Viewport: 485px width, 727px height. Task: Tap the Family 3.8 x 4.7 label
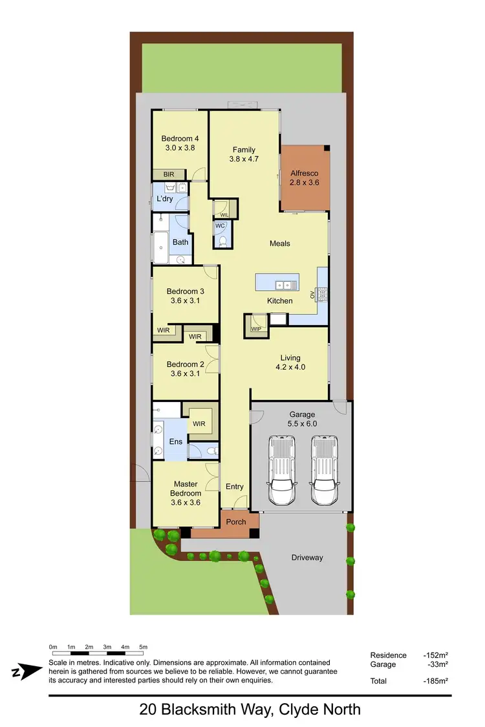(244, 154)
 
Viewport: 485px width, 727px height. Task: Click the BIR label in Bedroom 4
(168, 174)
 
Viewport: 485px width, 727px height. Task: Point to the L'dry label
(164, 199)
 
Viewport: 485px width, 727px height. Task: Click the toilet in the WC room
(223, 242)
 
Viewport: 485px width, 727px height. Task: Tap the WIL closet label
(224, 215)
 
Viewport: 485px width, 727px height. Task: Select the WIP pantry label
(255, 329)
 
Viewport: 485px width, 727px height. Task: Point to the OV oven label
(312, 295)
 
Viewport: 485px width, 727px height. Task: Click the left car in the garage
(282, 470)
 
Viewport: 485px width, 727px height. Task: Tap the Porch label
(236, 522)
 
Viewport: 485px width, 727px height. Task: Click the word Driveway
(307, 557)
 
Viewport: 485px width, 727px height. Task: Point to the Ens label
(175, 441)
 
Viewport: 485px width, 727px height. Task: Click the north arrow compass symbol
(25, 672)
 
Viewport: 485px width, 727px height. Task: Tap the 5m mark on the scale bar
(144, 647)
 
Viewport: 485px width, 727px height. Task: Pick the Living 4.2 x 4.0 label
(290, 362)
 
